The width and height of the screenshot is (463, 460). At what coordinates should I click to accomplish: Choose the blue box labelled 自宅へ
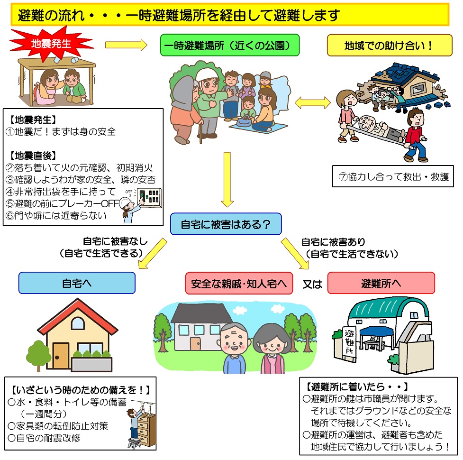[77, 283]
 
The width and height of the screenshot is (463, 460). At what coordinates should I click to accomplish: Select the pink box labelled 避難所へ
[381, 283]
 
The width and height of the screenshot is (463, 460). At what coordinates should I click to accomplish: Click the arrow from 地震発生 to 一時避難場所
[126, 45]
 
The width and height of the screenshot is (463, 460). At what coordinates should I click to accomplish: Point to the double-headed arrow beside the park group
[313, 102]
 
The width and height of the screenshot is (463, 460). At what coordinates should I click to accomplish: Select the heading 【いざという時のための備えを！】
[81, 390]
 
